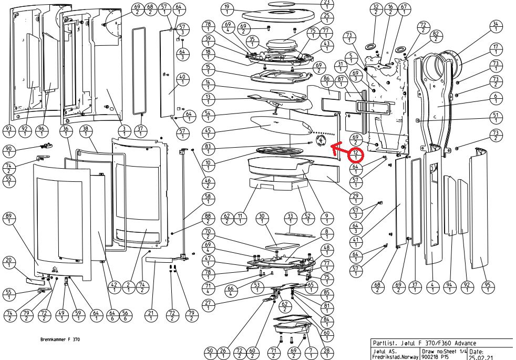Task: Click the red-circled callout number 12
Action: [357, 155]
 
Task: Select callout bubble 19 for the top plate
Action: [227, 9]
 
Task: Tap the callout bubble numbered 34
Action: [495, 27]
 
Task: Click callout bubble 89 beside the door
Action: [8, 219]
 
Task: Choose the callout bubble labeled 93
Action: [8, 131]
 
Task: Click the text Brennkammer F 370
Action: [60, 340]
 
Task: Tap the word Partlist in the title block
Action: [384, 342]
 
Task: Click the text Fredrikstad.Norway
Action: [395, 356]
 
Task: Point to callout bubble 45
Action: [209, 134]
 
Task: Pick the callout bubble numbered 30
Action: [262, 219]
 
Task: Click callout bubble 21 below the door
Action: [151, 316]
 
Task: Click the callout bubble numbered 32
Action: [375, 9]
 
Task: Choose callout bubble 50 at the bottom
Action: [210, 353]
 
